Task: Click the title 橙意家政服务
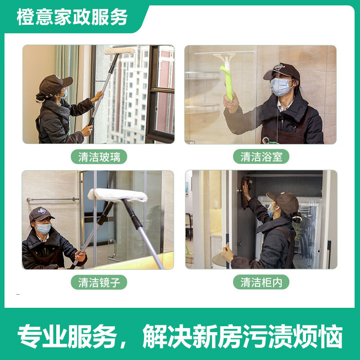tap(72, 17)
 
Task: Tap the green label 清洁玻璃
tap(99, 157)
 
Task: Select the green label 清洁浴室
tap(261, 157)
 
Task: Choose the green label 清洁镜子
tap(99, 282)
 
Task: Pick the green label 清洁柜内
tap(261, 282)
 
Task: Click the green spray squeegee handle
tap(228, 83)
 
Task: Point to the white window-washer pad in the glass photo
tap(120, 51)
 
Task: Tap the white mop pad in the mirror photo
tap(117, 195)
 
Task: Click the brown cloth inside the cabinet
tap(245, 193)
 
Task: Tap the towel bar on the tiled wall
tap(53, 199)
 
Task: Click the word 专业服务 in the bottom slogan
tap(67, 336)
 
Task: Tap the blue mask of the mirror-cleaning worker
tap(43, 229)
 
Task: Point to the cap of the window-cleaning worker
tap(54, 85)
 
